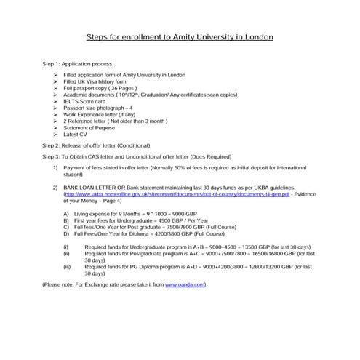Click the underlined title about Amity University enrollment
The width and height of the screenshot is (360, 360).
(x=180, y=36)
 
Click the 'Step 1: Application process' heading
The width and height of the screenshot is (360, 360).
(x=77, y=65)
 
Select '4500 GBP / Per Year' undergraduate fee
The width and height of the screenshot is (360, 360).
(x=192, y=220)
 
